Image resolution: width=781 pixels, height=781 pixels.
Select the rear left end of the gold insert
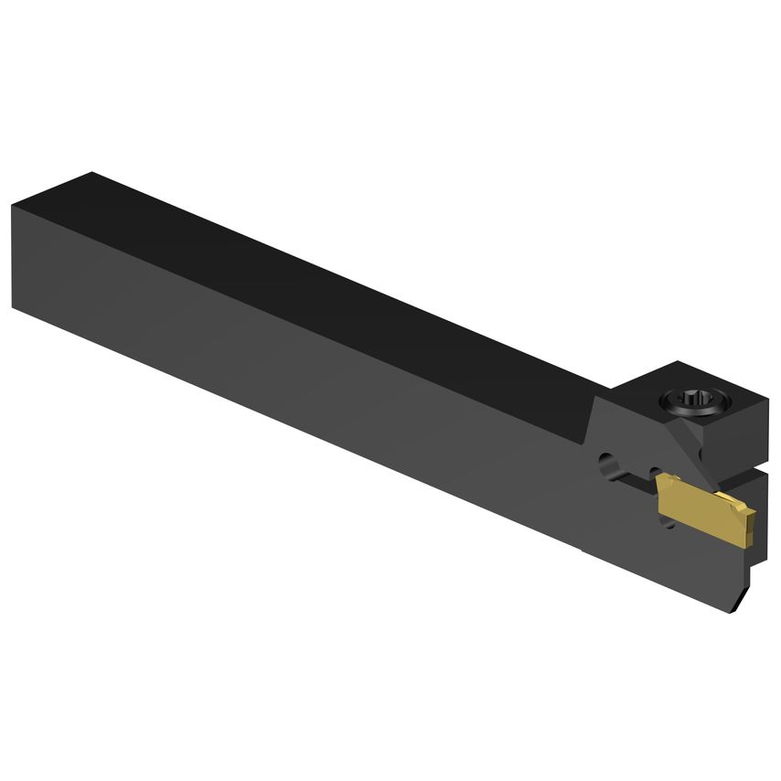click(x=660, y=490)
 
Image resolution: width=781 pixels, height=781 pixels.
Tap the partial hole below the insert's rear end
click(x=668, y=523)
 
